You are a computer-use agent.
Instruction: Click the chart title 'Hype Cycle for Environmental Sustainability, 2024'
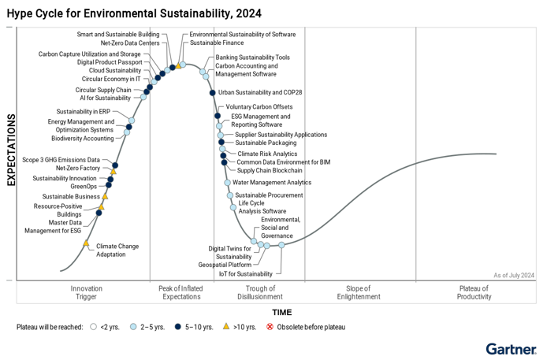click(x=134, y=13)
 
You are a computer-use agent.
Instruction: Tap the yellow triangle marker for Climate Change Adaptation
click(x=86, y=243)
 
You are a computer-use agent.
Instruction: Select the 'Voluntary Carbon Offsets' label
click(x=259, y=107)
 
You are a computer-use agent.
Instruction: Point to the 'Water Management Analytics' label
click(x=272, y=183)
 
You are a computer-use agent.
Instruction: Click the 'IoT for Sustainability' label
click(x=246, y=274)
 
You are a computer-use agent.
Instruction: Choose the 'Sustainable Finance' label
click(x=216, y=43)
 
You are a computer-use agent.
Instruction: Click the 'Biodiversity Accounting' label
click(x=83, y=139)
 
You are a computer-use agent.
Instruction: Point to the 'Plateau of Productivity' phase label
click(x=474, y=292)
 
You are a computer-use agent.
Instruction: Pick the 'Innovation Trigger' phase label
click(x=87, y=292)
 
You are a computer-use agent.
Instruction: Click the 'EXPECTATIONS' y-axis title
click(x=12, y=150)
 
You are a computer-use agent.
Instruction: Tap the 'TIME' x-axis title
click(x=281, y=313)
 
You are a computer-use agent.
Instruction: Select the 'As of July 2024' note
click(x=514, y=275)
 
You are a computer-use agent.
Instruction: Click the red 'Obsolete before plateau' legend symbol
click(x=270, y=326)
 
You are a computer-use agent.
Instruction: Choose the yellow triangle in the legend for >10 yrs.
click(x=226, y=326)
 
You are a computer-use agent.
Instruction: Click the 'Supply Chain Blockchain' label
click(x=270, y=171)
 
